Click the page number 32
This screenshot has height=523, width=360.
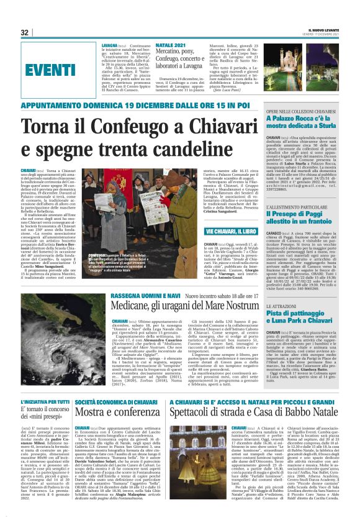tap(25, 32)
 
